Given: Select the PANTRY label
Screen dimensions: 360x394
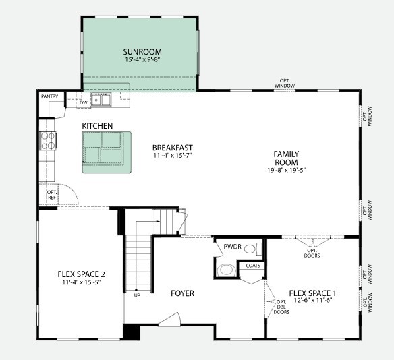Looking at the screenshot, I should tap(49, 96).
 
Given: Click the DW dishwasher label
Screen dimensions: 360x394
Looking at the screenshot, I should tap(83, 102).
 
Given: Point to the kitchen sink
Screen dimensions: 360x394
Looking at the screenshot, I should tap(103, 100).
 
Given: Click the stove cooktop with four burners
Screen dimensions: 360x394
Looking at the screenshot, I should tap(49, 140).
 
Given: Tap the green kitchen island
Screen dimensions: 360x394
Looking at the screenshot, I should tap(107, 152).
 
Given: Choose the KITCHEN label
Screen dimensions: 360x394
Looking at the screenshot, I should tap(97, 126).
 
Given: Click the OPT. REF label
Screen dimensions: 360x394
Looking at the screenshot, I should tap(51, 194).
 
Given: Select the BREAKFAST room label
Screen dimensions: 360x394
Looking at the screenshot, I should tap(173, 148).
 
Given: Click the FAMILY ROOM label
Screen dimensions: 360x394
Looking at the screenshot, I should tap(286, 158).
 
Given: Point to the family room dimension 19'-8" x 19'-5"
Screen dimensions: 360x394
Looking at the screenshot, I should tap(286, 171).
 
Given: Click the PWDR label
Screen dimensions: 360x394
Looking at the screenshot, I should tap(233, 247).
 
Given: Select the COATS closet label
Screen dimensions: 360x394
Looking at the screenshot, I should tap(253, 266).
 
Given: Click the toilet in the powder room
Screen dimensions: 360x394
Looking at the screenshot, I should tap(250, 249).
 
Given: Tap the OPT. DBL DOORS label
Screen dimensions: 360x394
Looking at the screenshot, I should tap(282, 308).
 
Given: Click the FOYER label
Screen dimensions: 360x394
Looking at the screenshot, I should tap(181, 293).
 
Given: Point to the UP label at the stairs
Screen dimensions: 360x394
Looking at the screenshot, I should tap(137, 295).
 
